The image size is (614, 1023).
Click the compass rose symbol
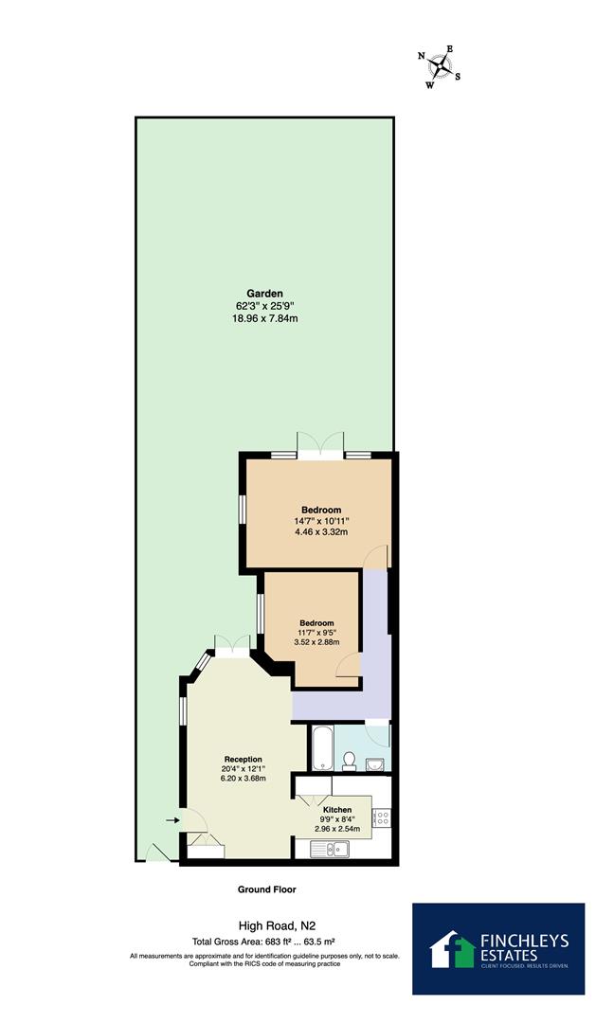click(x=441, y=66)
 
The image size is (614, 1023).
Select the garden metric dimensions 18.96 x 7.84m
click(x=264, y=319)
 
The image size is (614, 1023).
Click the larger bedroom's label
click(x=321, y=510)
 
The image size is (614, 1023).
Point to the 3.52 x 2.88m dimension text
click(x=310, y=642)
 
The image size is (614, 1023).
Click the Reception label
click(x=243, y=760)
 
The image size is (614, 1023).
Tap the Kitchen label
click(x=337, y=810)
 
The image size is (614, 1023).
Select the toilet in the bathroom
click(x=349, y=760)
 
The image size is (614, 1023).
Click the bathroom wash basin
click(x=377, y=764)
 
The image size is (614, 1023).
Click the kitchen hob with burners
click(x=382, y=817)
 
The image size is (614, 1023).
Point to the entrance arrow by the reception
click(x=172, y=820)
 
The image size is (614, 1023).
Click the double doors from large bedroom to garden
click(x=321, y=446)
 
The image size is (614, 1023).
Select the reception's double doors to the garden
click(x=230, y=644)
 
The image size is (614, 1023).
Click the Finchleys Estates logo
click(x=497, y=948)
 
